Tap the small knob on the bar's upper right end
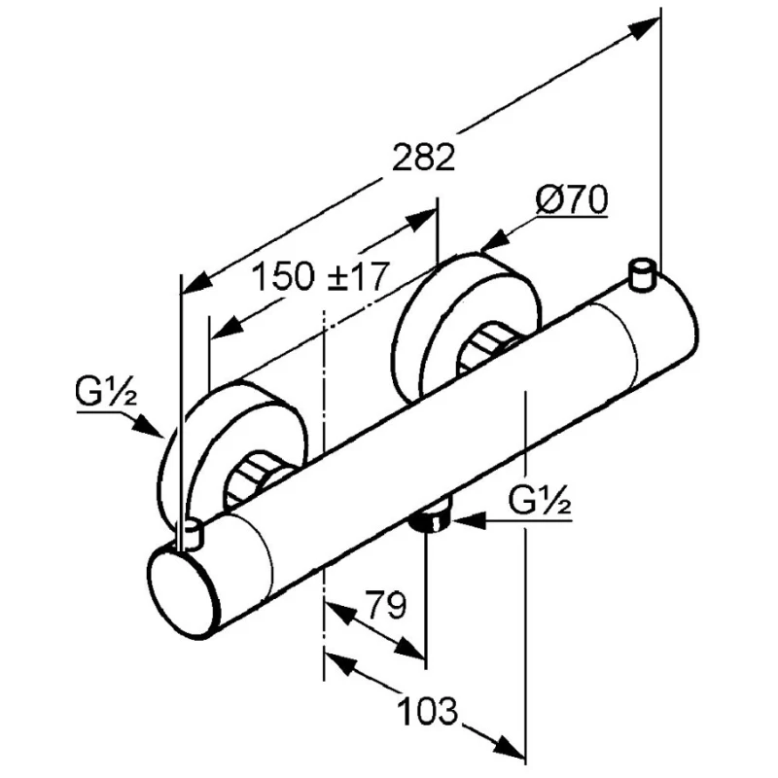pos(643,274)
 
